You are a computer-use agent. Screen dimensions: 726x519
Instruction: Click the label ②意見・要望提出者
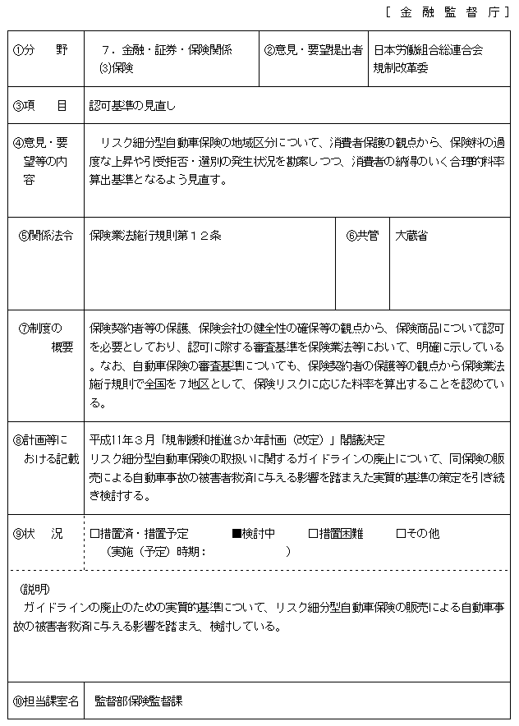(x=314, y=50)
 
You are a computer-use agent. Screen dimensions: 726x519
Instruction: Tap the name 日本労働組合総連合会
(x=427, y=50)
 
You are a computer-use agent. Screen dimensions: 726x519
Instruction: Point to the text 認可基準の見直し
(x=132, y=106)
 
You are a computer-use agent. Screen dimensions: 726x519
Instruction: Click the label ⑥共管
(x=362, y=237)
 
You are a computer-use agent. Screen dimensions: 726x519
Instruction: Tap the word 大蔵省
(x=411, y=237)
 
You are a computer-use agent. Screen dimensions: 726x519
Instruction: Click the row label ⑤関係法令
(x=45, y=237)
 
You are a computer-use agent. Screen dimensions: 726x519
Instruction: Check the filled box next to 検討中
(x=237, y=534)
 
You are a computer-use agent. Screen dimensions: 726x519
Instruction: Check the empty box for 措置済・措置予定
(x=94, y=534)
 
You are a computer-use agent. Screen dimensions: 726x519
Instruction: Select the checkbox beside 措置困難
(x=313, y=534)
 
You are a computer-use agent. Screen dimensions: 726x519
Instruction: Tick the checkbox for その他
(x=401, y=534)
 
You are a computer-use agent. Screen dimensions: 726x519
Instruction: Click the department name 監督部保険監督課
(x=138, y=701)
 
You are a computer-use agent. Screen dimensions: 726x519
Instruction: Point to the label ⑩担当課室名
(x=46, y=701)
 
